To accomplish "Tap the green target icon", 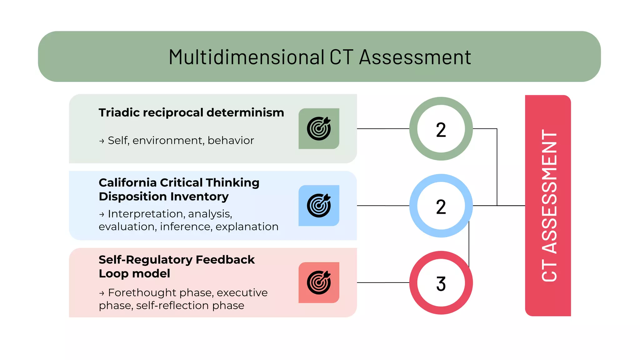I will pos(319,129).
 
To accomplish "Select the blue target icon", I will pos(319,206).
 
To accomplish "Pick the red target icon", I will pos(319,282).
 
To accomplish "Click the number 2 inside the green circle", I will pos(441,130).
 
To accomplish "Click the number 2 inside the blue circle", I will pos(441,207).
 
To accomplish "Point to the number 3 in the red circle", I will pos(441,284).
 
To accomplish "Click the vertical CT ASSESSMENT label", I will pos(549,206).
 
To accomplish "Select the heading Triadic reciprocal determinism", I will pos(191,112).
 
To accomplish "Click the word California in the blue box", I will pos(127,182).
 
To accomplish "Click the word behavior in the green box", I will pos(231,141).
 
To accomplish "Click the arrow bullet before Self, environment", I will pos(102,141).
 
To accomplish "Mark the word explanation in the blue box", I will pos(247,227).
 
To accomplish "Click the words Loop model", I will pos(134,274).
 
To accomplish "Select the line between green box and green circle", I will pos(383,128).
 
